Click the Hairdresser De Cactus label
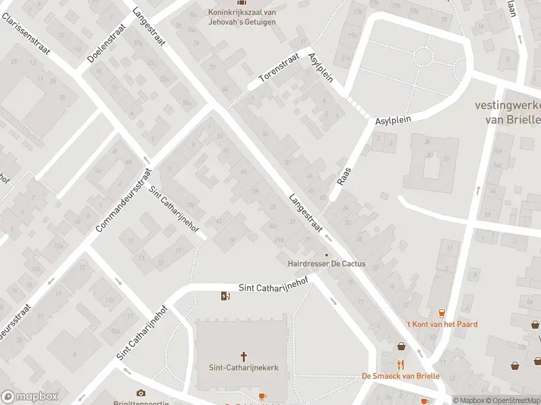(327, 264)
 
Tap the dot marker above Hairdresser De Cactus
(327, 254)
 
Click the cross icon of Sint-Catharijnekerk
(244, 356)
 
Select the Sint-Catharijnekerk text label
(244, 368)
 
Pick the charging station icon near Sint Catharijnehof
(225, 296)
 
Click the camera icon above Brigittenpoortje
(141, 393)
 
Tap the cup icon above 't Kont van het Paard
(442, 313)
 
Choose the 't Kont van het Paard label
(442, 324)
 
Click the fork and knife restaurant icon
(401, 364)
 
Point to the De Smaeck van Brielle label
(401, 376)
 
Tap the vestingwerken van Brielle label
(508, 112)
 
